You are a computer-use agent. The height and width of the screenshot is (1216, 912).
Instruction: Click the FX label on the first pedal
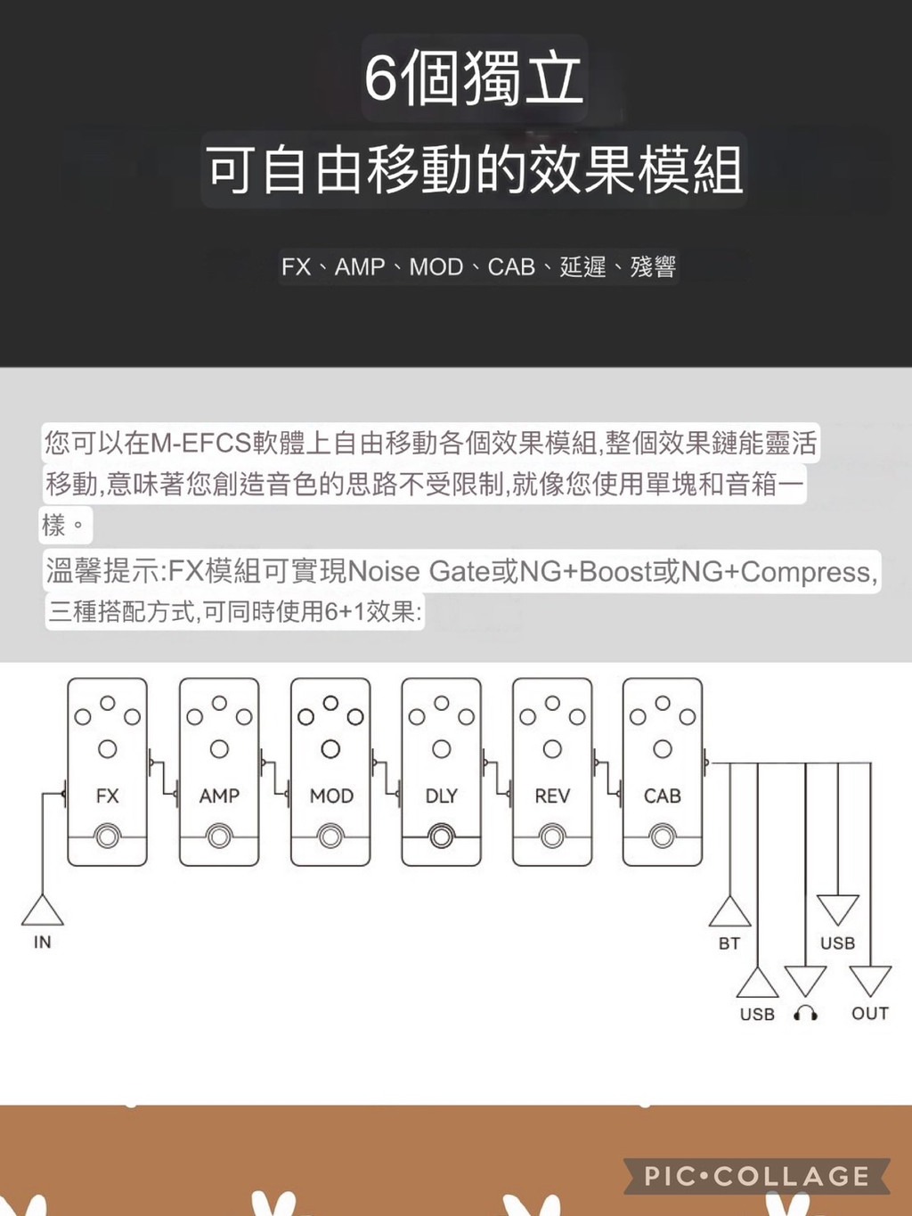click(x=108, y=796)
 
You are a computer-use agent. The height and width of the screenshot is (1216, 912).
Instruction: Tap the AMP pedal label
click(x=219, y=796)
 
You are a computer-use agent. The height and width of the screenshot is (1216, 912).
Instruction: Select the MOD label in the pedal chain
click(x=331, y=796)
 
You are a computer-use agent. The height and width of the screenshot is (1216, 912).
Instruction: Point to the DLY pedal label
click(x=442, y=796)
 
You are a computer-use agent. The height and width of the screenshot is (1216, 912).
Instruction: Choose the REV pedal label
click(x=552, y=796)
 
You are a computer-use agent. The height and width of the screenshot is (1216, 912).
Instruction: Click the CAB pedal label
click(x=663, y=796)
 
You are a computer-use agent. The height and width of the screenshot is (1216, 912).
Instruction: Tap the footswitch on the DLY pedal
click(x=442, y=837)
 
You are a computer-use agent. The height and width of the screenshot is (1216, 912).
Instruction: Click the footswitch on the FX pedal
click(x=108, y=837)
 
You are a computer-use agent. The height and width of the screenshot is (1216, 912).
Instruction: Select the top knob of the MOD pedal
click(x=330, y=703)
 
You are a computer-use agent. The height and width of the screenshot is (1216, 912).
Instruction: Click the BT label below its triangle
click(x=729, y=943)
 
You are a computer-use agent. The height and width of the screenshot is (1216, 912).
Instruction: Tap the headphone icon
click(x=805, y=1014)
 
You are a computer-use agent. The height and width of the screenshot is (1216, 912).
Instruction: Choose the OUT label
click(x=870, y=1014)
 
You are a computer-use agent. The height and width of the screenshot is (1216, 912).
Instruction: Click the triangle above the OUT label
click(x=870, y=982)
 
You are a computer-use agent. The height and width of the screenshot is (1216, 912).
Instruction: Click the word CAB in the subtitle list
click(x=511, y=267)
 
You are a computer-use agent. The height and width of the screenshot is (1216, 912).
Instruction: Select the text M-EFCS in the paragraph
click(x=200, y=444)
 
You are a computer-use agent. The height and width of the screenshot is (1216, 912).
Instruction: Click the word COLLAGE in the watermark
click(x=791, y=1177)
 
